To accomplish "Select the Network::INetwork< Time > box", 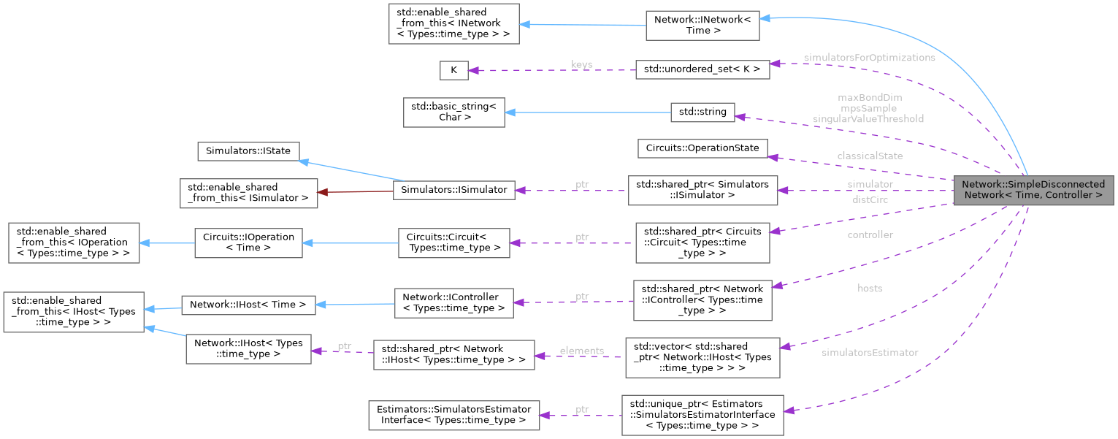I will pyautogui.click(x=702, y=26).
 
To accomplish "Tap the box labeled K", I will pyautogui.click(x=453, y=70).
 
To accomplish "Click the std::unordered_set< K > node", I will pyautogui.click(x=702, y=70).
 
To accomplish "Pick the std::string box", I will pyautogui.click(x=702, y=112).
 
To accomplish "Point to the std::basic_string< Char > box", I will pyautogui.click(x=453, y=112).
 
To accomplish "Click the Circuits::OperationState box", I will pyautogui.click(x=702, y=148).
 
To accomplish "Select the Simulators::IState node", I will pyautogui.click(x=248, y=151).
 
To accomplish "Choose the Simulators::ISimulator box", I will pyautogui.click(x=454, y=189).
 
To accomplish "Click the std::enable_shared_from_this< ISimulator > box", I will pyautogui.click(x=248, y=192).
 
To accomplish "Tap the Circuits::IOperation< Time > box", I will pyautogui.click(x=248, y=243).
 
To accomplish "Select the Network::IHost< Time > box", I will pyautogui.click(x=248, y=305).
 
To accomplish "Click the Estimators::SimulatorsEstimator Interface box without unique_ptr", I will pyautogui.click(x=453, y=414).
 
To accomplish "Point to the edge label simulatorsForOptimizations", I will pyautogui.click(x=869, y=58).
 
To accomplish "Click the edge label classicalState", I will pyautogui.click(x=870, y=156).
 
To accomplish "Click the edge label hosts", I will pyautogui.click(x=870, y=289).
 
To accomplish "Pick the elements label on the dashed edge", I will pyautogui.click(x=582, y=351).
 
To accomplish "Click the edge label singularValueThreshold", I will pyautogui.click(x=868, y=118).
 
